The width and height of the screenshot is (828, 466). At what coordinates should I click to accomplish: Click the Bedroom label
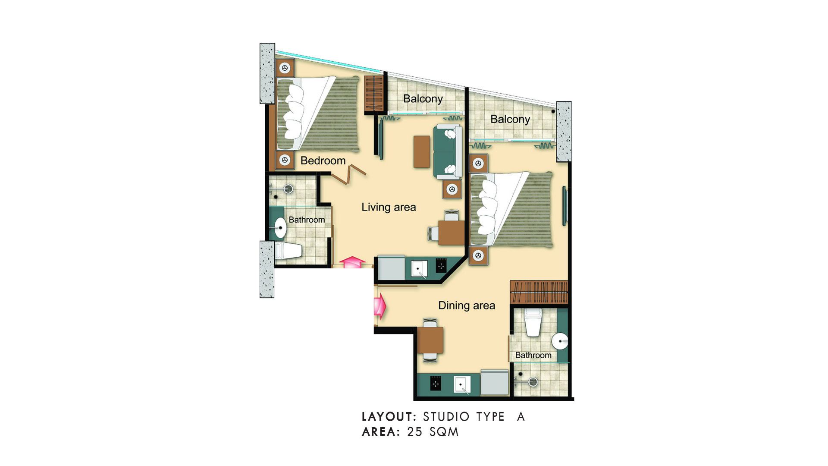click(323, 161)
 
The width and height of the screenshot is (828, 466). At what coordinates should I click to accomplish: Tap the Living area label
click(389, 207)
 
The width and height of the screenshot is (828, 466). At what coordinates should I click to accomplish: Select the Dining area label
click(467, 305)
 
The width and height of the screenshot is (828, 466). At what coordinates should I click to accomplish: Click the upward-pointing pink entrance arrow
click(352, 262)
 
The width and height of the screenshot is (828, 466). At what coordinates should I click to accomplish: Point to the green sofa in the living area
click(448, 151)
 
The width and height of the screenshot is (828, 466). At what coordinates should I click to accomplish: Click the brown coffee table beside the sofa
click(422, 151)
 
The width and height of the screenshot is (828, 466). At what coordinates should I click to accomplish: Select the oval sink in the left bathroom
click(280, 227)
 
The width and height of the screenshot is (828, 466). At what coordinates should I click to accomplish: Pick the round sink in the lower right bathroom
click(560, 341)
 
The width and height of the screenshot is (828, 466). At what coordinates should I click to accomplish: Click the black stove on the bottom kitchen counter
click(436, 383)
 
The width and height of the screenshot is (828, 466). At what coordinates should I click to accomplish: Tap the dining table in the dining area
click(430, 340)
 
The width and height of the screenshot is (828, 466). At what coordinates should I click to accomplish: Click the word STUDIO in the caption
click(446, 417)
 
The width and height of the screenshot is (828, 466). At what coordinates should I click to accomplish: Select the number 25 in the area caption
click(415, 432)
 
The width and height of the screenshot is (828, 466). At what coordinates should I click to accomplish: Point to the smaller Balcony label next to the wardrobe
click(423, 99)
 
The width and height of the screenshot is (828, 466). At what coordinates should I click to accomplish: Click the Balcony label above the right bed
click(510, 119)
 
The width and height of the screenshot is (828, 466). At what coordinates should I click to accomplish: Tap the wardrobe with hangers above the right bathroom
click(539, 292)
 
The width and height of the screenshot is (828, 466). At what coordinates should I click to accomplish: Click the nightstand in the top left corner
click(285, 68)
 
